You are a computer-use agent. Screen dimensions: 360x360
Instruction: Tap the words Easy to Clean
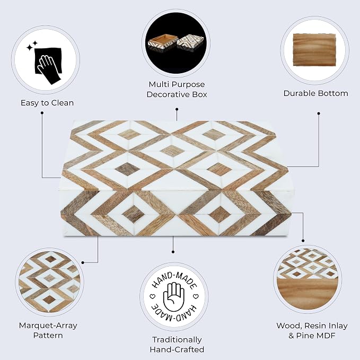tap(47, 103)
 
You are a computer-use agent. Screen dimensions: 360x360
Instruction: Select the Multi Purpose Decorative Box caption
tap(177, 89)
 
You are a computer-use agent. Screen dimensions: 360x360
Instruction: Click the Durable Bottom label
tap(315, 93)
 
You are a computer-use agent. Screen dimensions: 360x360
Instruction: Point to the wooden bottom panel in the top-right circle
tap(314, 50)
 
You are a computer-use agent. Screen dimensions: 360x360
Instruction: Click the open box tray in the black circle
tap(163, 43)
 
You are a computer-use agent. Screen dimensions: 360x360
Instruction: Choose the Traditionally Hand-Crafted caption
tap(177, 345)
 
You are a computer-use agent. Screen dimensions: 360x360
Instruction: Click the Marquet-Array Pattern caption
tap(48, 330)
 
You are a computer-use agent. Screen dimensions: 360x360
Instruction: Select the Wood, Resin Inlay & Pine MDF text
tap(312, 331)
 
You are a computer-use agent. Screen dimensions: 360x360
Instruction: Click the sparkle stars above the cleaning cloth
tap(32, 46)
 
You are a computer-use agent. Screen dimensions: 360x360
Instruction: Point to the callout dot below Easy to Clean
tap(42, 113)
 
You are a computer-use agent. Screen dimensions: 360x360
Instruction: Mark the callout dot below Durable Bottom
tap(319, 113)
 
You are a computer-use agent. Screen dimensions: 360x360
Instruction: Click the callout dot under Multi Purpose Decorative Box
tap(177, 109)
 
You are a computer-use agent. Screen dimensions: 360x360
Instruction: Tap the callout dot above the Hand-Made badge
tap(173, 252)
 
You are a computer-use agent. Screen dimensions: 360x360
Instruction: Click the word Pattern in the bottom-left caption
tap(48, 335)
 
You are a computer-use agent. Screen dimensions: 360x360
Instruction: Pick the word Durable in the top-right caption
tap(299, 93)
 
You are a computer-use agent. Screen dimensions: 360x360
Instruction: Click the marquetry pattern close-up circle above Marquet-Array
tap(49, 282)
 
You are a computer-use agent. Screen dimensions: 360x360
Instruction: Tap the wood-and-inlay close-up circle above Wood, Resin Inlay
tap(308, 279)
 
